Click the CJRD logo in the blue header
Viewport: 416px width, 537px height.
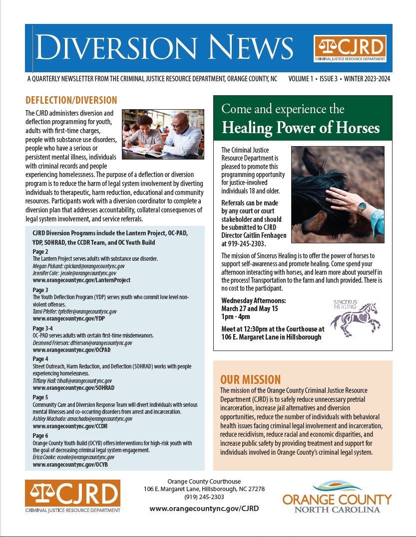coord(350,48)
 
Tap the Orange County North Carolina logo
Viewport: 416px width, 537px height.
coord(337,497)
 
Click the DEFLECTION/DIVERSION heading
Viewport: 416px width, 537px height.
coord(71,100)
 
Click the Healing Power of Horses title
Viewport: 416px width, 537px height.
coord(301,128)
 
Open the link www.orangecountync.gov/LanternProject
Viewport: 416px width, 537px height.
coord(81,280)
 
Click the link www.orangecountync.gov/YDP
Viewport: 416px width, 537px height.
coord(68,318)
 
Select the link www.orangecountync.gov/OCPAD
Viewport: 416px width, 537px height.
coord(71,350)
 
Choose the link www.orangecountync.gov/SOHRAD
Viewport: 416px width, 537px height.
coord(73,387)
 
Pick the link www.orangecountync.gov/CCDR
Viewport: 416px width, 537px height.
coord(70,426)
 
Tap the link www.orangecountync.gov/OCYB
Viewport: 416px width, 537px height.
coord(70,464)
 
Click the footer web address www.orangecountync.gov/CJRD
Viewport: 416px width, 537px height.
coord(204,508)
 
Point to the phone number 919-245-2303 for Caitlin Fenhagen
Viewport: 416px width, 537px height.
coord(244,244)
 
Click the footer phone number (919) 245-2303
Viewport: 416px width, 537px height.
coord(204,497)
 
